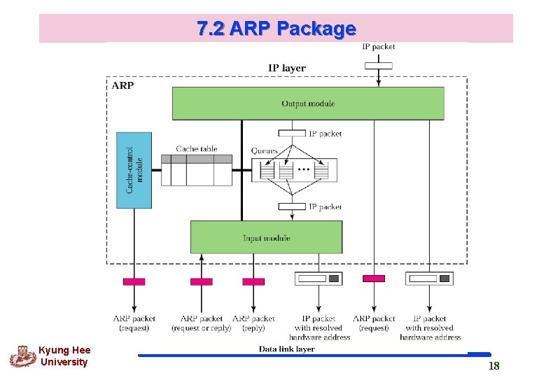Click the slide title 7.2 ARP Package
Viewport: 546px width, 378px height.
[x=276, y=29]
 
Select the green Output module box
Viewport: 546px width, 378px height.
[x=308, y=104]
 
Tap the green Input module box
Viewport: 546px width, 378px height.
[x=266, y=237]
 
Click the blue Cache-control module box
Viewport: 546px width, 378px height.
[x=134, y=170]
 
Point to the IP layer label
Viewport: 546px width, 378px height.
[x=287, y=68]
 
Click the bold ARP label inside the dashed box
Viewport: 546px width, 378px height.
[x=122, y=85]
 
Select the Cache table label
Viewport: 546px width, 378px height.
[x=196, y=148]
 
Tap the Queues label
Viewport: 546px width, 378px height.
[x=265, y=150]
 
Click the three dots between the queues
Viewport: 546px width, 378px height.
[x=304, y=170]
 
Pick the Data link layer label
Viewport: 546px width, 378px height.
[x=287, y=349]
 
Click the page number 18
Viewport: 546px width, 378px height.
[x=493, y=366]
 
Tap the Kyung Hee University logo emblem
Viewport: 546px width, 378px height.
[x=22, y=356]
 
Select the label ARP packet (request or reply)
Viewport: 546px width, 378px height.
[x=201, y=323]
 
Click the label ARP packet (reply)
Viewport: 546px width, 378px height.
[x=253, y=323]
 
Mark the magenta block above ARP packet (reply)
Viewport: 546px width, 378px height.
[x=253, y=281]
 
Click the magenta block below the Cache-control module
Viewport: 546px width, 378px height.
[x=134, y=281]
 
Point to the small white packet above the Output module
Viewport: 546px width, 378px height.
[x=379, y=66]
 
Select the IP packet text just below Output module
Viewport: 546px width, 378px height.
[x=325, y=133]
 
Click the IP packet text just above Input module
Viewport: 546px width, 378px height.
[x=325, y=206]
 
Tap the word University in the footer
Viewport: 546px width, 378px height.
[x=64, y=362]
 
